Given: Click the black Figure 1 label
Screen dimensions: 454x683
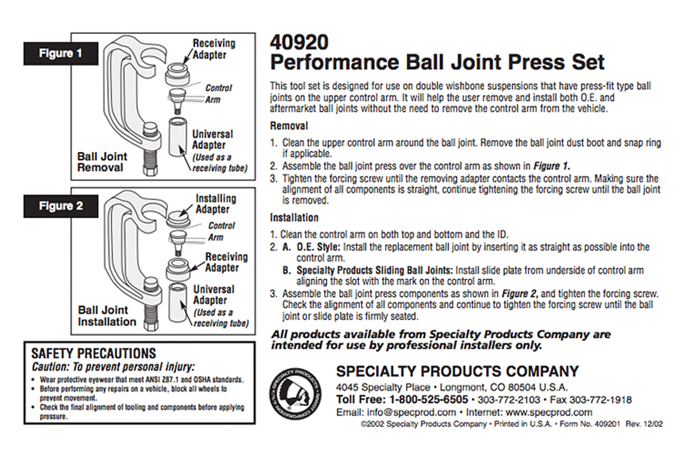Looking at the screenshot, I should pyautogui.click(x=60, y=53).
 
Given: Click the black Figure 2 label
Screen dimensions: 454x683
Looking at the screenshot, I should pyautogui.click(x=60, y=206).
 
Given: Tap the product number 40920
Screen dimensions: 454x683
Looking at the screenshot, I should pyautogui.click(x=299, y=42).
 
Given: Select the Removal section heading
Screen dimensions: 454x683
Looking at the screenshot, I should pyautogui.click(x=289, y=126).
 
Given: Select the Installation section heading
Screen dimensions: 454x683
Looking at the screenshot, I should pyautogui.click(x=294, y=218).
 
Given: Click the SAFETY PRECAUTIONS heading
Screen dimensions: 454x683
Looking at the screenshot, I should pyautogui.click(x=94, y=353).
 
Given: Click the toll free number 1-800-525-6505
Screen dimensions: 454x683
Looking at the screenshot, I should pyautogui.click(x=428, y=399).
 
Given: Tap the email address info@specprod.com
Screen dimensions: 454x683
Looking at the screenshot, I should pyautogui.click(x=411, y=412).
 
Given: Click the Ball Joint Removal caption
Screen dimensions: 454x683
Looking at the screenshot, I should pyautogui.click(x=101, y=162).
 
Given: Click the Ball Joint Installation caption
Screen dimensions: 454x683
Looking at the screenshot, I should pyautogui.click(x=106, y=316).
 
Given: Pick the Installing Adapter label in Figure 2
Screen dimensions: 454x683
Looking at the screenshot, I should pyautogui.click(x=215, y=204).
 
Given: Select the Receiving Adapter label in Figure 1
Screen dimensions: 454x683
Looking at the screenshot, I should pyautogui.click(x=213, y=49).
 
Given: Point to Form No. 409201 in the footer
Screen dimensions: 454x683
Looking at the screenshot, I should pyautogui.click(x=589, y=424).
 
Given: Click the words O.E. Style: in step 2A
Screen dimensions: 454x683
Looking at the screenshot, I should pyautogui.click(x=318, y=247).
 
